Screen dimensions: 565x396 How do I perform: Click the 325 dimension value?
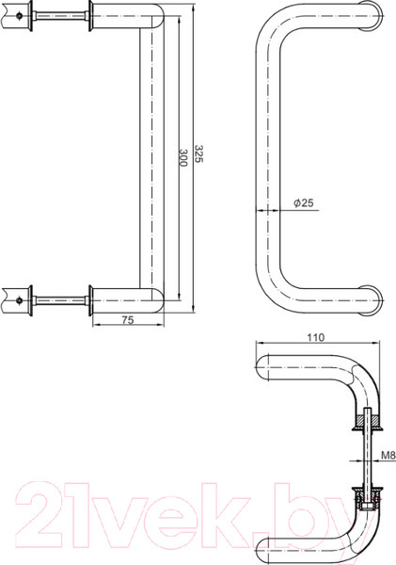pyautogui.click(x=198, y=153)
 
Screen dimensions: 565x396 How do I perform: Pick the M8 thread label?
pyautogui.click(x=387, y=460)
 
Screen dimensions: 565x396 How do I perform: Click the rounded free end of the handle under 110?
pyautogui.click(x=266, y=366)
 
